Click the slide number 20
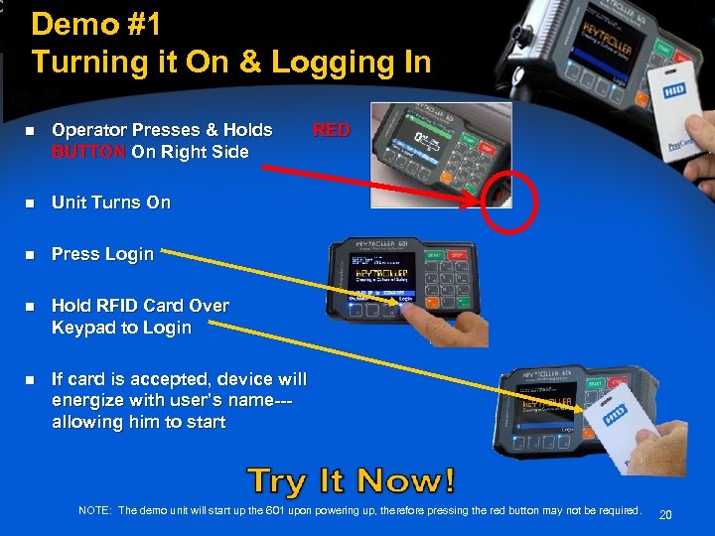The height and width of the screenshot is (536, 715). click(x=665, y=514)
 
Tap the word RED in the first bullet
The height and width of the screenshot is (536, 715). click(x=332, y=130)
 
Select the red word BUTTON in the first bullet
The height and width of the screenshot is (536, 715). click(x=89, y=152)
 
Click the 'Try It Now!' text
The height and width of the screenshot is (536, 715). click(x=353, y=481)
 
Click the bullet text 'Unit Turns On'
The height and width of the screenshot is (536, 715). click(x=111, y=202)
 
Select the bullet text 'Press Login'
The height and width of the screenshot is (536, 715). click(x=103, y=254)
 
